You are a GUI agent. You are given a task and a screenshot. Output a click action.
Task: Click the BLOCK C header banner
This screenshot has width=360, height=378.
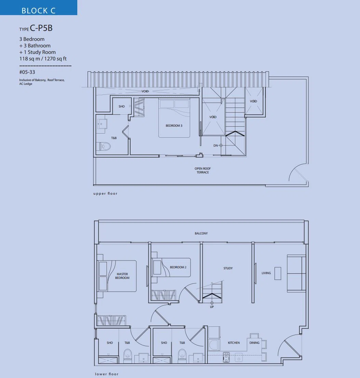point(39,8)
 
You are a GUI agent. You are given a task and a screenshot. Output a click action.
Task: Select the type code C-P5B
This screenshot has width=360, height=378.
point(41,28)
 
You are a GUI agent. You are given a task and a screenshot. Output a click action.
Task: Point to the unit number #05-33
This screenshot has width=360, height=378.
point(27,72)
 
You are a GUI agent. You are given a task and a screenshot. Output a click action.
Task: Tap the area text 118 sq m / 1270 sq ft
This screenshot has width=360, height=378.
point(43,58)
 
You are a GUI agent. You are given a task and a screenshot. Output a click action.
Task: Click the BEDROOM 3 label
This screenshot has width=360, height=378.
point(174,125)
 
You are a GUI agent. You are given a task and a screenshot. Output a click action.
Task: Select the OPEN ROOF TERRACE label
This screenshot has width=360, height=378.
point(202,171)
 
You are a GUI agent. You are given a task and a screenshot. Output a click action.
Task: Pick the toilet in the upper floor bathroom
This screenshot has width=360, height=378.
point(104,146)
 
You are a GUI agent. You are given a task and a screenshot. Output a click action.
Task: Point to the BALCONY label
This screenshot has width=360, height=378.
point(201,233)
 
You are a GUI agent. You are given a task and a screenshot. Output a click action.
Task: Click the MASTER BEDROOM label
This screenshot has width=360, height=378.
point(122,276)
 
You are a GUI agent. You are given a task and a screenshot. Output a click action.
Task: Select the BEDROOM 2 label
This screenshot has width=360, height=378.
point(178,267)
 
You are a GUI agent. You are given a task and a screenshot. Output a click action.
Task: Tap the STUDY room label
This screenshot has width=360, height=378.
point(228,268)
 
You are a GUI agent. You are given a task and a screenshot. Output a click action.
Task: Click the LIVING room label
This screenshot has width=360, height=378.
point(266,273)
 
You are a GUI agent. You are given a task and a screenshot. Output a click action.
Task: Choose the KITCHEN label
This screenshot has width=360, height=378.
point(234,342)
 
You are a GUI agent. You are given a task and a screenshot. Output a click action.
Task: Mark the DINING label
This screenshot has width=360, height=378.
point(254,342)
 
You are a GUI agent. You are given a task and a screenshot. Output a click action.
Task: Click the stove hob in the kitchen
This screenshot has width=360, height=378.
point(226,357)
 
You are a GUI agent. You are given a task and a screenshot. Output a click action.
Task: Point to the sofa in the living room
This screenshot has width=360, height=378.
point(296,273)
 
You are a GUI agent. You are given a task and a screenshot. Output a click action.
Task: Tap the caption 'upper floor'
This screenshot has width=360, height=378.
point(105,193)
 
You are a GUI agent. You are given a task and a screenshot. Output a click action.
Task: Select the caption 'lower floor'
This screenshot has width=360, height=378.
point(107,374)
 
